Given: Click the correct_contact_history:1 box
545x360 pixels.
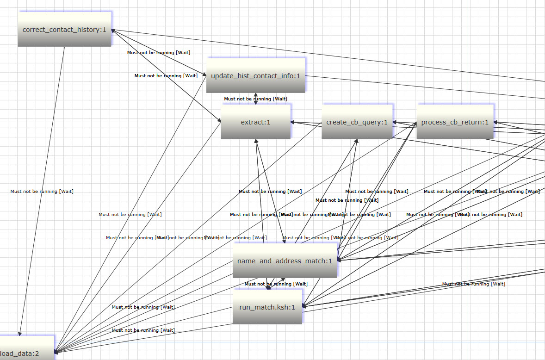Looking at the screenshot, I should (x=64, y=30).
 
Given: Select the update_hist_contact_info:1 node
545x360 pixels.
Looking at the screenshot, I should (x=255, y=75).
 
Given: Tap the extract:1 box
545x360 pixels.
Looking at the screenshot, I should (x=255, y=122).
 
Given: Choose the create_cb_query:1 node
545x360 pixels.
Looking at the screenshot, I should (x=357, y=122).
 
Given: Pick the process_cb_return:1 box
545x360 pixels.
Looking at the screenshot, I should (x=455, y=122).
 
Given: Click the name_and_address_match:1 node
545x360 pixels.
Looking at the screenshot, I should (x=285, y=261).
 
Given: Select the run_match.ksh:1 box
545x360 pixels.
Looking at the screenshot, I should (x=267, y=307).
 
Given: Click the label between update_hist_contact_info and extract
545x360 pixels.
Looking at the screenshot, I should (x=255, y=99).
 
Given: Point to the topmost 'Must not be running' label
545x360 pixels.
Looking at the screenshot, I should (x=159, y=52).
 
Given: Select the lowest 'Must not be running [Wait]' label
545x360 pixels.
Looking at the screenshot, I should (x=143, y=330).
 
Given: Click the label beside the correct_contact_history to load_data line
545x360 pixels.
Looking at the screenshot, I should (x=42, y=191).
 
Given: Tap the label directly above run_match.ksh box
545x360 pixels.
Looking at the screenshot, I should (x=276, y=284).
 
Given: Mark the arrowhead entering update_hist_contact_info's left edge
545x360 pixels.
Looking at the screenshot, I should (x=204, y=74).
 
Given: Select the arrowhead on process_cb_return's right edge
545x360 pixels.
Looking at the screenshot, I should (x=496, y=123).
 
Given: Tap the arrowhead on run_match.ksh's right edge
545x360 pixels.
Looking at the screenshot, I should (x=304, y=306).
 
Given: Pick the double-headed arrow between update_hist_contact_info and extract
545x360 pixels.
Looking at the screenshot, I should (x=255, y=98).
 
